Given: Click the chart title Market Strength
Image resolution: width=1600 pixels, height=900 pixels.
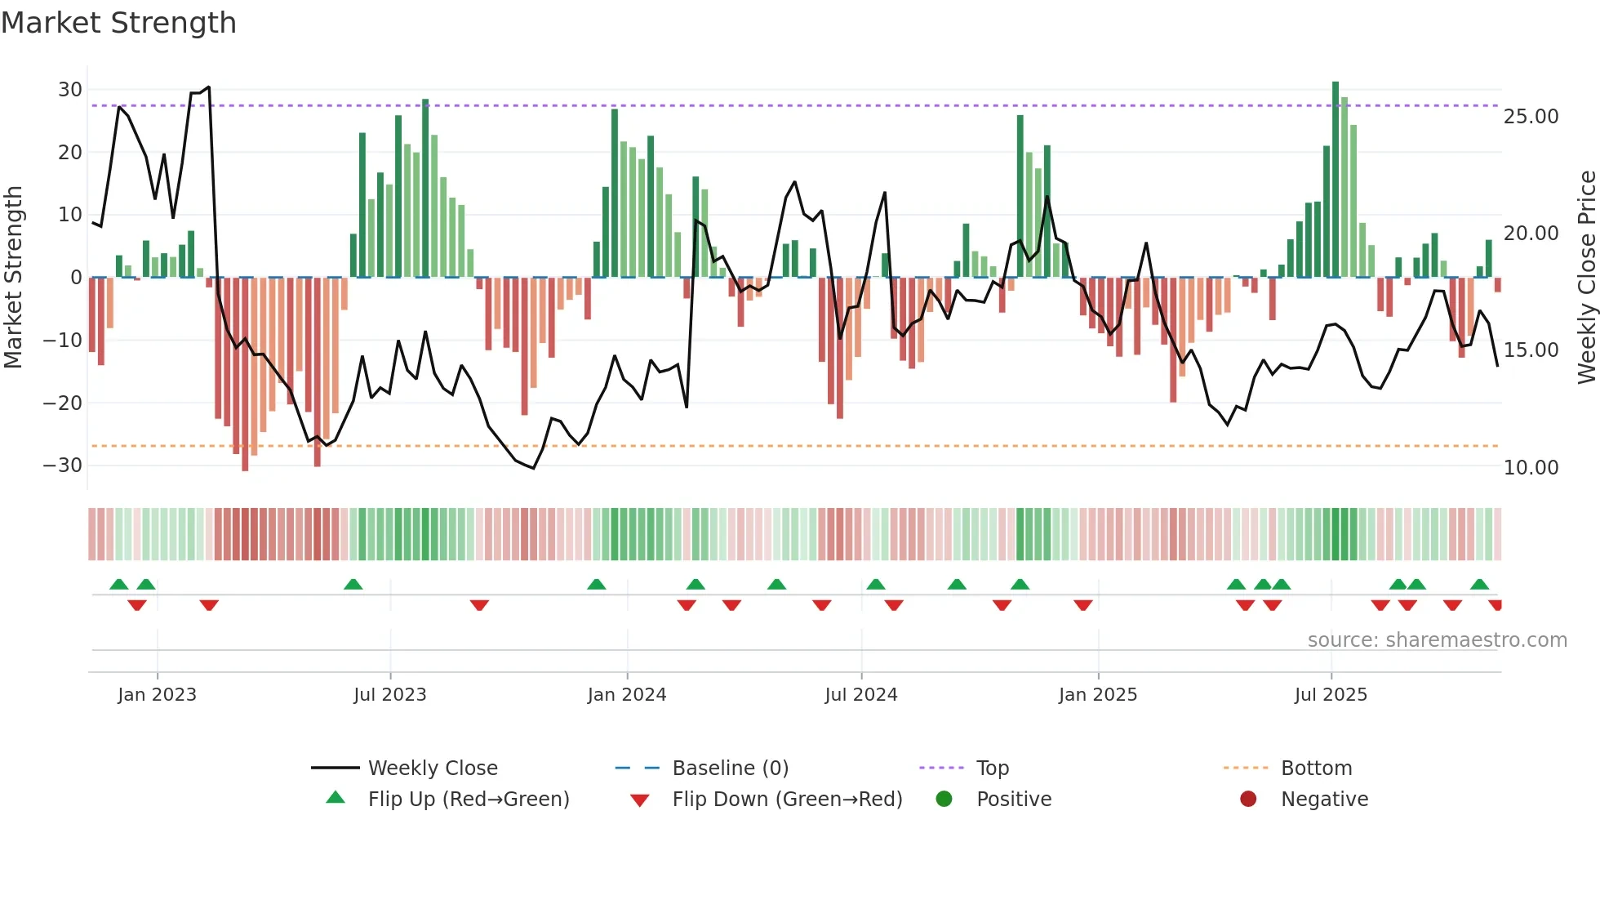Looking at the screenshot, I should (118, 23).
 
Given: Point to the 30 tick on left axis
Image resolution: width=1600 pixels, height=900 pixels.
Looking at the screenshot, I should (70, 90).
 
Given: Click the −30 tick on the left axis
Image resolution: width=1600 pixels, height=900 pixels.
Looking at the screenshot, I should (63, 466).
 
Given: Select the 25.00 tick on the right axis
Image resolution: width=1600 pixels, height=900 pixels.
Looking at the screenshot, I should (1531, 117).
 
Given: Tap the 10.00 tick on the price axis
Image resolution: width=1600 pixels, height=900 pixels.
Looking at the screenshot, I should (1531, 468).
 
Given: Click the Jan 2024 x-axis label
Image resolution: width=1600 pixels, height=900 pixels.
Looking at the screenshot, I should (626, 695).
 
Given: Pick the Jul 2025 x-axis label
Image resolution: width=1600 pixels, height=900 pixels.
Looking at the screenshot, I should (1330, 695).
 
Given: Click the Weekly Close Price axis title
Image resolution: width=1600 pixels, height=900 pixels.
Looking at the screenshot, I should (1586, 278).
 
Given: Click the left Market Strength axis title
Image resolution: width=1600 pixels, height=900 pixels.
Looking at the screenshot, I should (13, 278).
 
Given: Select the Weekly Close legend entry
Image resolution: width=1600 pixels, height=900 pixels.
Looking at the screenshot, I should (432, 769).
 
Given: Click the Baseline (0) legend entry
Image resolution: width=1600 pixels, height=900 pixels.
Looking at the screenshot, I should (730, 769).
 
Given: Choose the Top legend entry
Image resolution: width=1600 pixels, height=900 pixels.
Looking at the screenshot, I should (992, 769).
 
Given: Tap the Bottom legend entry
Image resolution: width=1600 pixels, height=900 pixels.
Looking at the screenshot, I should (1316, 769).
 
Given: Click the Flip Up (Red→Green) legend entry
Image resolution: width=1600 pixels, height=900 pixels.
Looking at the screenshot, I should (468, 800).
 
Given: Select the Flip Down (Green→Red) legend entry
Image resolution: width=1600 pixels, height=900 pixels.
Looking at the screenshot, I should (786, 800).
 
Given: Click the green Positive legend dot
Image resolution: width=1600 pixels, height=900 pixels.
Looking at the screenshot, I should (944, 800).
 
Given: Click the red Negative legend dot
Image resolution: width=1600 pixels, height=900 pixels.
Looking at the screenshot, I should (1247, 800).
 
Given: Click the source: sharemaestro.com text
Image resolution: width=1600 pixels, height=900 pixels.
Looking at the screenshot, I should (1437, 640).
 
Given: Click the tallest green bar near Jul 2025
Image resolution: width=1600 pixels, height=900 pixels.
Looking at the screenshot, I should (1336, 180).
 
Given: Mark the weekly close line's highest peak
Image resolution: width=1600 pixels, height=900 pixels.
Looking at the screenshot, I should (209, 87).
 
